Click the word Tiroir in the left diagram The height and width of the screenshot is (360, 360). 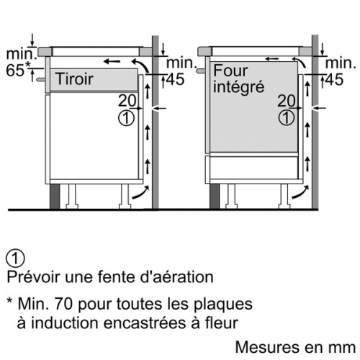(x=74, y=78)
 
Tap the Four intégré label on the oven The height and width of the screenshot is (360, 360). (x=239, y=79)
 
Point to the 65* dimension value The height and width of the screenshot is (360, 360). (x=18, y=70)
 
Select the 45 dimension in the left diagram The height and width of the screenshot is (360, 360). (x=176, y=79)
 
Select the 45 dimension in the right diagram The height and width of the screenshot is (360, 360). (x=335, y=79)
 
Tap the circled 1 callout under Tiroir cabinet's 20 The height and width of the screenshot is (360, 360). (x=127, y=118)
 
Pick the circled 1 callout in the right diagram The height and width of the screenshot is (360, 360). (x=286, y=118)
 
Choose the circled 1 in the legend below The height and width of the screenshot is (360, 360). (x=16, y=258)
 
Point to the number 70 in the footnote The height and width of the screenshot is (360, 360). (x=63, y=304)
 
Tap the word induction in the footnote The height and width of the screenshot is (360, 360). (x=65, y=323)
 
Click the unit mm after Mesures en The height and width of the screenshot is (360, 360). (x=343, y=347)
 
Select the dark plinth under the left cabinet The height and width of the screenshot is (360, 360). (x=55, y=197)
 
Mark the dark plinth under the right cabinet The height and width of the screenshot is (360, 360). (x=215, y=197)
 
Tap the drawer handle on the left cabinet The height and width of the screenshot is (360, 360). (x=41, y=79)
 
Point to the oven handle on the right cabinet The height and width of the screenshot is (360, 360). (x=201, y=71)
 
